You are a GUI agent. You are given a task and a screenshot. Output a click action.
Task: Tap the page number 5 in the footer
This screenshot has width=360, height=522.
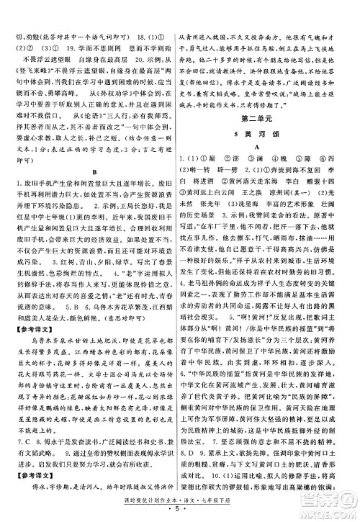[180, 515]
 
